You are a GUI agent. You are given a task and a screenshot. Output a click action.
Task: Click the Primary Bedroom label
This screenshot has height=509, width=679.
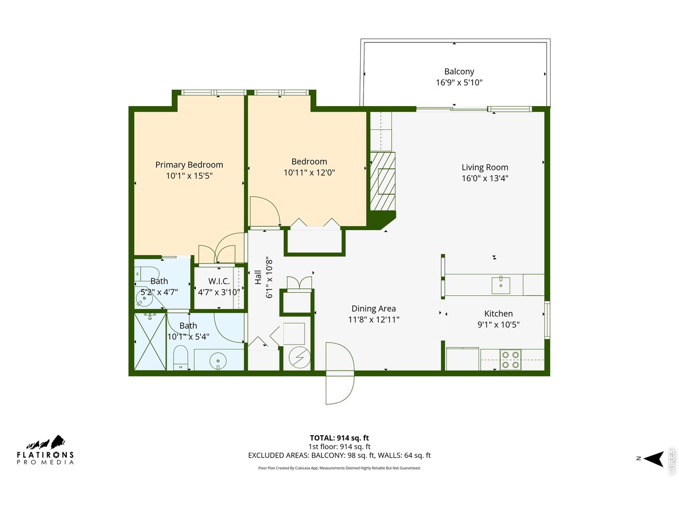pos(189,165)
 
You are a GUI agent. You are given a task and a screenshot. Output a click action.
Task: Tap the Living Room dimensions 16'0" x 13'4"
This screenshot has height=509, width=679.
pos(484,179)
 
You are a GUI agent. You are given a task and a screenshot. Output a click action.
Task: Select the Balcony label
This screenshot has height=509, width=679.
pos(459,72)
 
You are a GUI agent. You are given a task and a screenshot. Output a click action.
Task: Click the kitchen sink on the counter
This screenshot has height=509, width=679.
pos(501,284)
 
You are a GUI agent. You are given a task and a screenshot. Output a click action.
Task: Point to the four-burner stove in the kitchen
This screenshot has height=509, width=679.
pos(510,360)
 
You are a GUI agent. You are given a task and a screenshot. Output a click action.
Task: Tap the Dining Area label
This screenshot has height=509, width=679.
pos(373,309)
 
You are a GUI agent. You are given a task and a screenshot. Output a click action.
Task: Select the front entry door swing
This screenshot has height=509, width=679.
pos(339,374)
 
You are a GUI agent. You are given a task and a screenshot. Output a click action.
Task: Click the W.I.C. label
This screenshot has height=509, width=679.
pos(219,282)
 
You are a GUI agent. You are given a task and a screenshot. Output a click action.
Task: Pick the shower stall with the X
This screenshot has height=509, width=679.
pos(150,342)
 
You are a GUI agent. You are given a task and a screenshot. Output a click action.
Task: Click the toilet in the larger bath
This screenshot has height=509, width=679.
pos(181,358)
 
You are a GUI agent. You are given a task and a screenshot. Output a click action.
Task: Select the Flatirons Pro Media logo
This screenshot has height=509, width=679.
pos(46,451)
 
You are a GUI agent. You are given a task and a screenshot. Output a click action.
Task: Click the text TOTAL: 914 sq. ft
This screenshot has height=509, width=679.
pos(339,438)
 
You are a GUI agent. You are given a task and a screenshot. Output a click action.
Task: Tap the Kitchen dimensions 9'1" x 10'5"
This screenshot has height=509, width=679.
pos(498,324)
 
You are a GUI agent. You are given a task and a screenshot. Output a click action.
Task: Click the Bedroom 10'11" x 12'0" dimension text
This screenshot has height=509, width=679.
pos(309,173)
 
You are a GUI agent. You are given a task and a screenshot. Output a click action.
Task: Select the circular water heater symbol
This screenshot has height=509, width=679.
pos(297,358)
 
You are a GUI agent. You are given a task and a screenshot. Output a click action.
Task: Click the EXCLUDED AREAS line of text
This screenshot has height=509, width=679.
pos(339,455)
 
